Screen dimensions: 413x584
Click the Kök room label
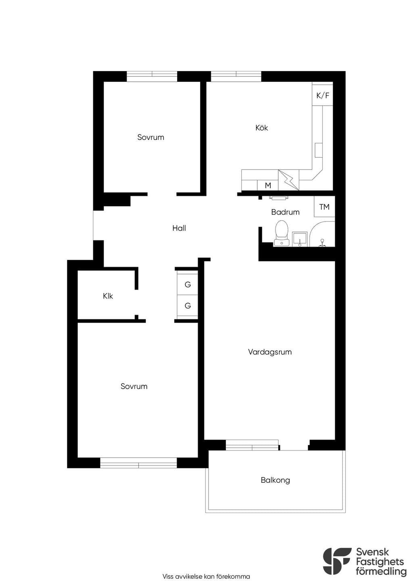click(x=261, y=128)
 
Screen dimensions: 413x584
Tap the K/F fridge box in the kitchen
click(x=323, y=94)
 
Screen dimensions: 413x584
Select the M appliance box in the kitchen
click(x=268, y=186)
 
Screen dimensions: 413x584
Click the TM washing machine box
click(x=324, y=206)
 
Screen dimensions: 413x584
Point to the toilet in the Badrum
click(x=282, y=233)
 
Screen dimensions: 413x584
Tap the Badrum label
click(x=285, y=212)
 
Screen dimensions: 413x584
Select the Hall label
click(x=179, y=228)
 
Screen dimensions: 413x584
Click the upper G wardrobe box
click(x=188, y=284)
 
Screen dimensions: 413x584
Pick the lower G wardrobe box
click(x=188, y=306)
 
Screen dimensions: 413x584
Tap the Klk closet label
click(x=108, y=296)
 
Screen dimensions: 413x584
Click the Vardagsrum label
click(x=270, y=352)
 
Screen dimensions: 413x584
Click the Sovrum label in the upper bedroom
click(x=151, y=137)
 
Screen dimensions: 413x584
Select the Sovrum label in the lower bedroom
click(x=134, y=386)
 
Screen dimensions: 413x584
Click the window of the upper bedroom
click(x=152, y=76)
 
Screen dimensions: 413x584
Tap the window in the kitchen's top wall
click(x=236, y=76)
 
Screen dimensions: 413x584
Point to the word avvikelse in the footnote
click(x=188, y=576)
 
